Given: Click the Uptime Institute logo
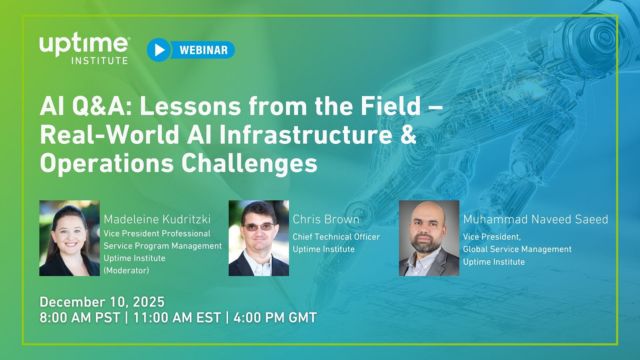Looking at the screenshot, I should (x=84, y=48).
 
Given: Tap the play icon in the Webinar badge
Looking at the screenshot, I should (x=158, y=48).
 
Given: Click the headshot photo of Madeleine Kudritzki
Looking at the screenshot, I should (x=70, y=238).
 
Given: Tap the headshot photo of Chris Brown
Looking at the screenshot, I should (x=259, y=238).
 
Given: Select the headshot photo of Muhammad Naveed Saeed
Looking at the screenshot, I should (x=429, y=238).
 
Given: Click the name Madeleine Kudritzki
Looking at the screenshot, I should (x=159, y=218).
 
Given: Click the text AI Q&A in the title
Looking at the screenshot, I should (x=78, y=106).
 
